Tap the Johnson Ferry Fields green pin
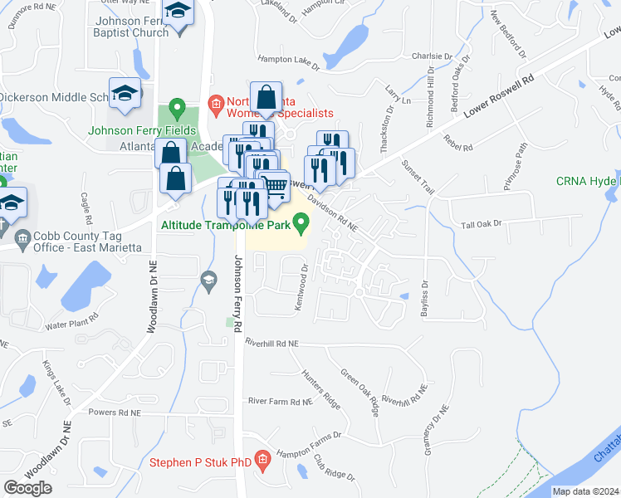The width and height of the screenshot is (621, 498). point(176,108)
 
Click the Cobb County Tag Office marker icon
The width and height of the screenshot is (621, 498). point(22,238)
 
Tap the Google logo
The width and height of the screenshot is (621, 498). point(28,487)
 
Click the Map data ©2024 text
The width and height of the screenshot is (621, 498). point(585,491)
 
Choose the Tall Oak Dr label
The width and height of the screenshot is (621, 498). point(482,225)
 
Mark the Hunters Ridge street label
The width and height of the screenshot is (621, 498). point(320,388)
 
